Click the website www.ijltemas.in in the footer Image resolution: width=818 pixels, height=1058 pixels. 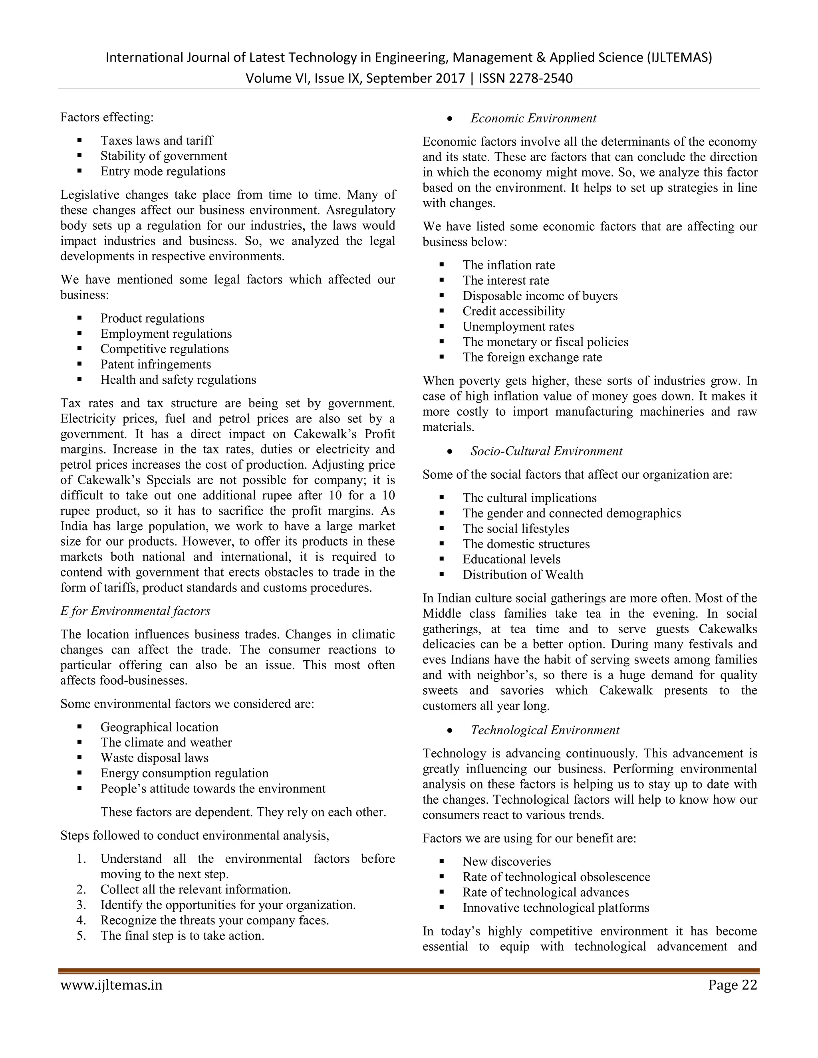click(111, 985)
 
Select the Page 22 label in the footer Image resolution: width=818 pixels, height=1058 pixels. click(732, 985)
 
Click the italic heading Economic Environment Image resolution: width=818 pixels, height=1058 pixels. click(533, 119)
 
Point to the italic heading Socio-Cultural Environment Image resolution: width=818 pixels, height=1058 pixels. click(546, 451)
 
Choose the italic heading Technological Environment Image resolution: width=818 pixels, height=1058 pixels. click(545, 730)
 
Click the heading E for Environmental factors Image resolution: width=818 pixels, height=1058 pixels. click(135, 611)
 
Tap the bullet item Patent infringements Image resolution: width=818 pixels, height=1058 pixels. click(155, 364)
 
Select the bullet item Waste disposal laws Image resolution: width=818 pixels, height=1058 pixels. click(154, 758)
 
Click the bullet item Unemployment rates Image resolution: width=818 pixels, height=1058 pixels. click(518, 327)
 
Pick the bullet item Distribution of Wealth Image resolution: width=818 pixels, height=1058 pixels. click(522, 575)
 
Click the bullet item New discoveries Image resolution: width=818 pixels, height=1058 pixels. click(506, 861)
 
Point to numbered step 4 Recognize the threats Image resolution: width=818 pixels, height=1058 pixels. click(214, 920)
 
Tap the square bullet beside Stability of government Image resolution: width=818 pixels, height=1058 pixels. click(79, 156)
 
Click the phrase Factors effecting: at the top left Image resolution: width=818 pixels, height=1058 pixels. click(107, 117)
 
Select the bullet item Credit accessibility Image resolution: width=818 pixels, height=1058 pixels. click(514, 311)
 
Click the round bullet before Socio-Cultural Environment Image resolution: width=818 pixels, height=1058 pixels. click(450, 452)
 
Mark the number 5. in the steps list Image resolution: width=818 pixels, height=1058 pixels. click(81, 935)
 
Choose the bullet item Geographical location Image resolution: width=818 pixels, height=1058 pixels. click(159, 727)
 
